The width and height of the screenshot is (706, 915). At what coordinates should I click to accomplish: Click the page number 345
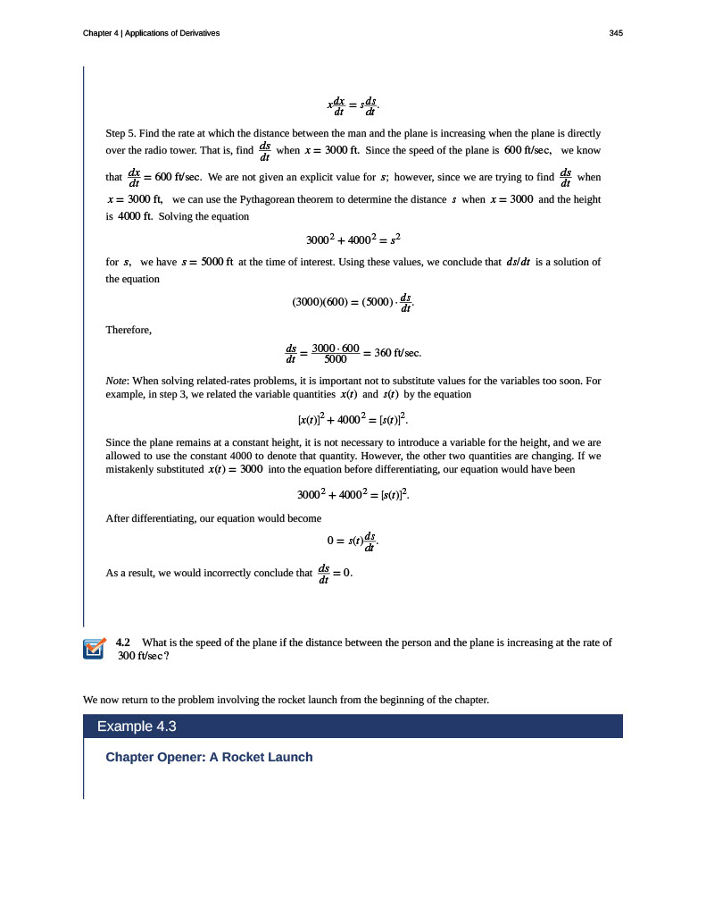click(x=616, y=33)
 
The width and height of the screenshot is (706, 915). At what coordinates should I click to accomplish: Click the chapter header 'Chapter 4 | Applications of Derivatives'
click(x=151, y=33)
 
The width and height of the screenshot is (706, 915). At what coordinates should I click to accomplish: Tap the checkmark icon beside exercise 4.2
click(x=94, y=649)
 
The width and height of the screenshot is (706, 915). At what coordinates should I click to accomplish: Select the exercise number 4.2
click(x=123, y=642)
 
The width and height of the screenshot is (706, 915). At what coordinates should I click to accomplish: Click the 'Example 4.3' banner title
click(x=137, y=726)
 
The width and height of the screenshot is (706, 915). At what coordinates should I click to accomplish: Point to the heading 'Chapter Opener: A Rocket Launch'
click(x=209, y=757)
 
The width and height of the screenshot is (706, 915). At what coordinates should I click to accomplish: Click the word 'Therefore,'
click(x=129, y=330)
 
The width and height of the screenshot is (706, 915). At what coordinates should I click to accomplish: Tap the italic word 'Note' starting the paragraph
click(x=115, y=381)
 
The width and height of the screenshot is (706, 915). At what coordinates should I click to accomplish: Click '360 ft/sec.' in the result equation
click(x=397, y=353)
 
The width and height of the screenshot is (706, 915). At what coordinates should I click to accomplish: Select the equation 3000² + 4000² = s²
click(x=353, y=239)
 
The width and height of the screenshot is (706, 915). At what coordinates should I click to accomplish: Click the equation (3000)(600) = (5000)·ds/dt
click(x=353, y=302)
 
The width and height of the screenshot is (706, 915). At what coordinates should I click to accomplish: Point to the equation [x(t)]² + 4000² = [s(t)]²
click(x=353, y=418)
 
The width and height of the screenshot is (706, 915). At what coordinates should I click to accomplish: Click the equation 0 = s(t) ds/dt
click(x=353, y=541)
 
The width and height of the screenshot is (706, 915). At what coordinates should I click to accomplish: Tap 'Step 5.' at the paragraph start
click(x=120, y=133)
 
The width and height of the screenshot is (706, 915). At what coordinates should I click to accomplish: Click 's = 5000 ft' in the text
click(x=207, y=262)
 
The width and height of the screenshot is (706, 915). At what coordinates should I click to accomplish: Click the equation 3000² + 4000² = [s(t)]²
click(x=353, y=493)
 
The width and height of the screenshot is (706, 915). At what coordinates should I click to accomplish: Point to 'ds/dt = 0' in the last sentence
click(x=336, y=574)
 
